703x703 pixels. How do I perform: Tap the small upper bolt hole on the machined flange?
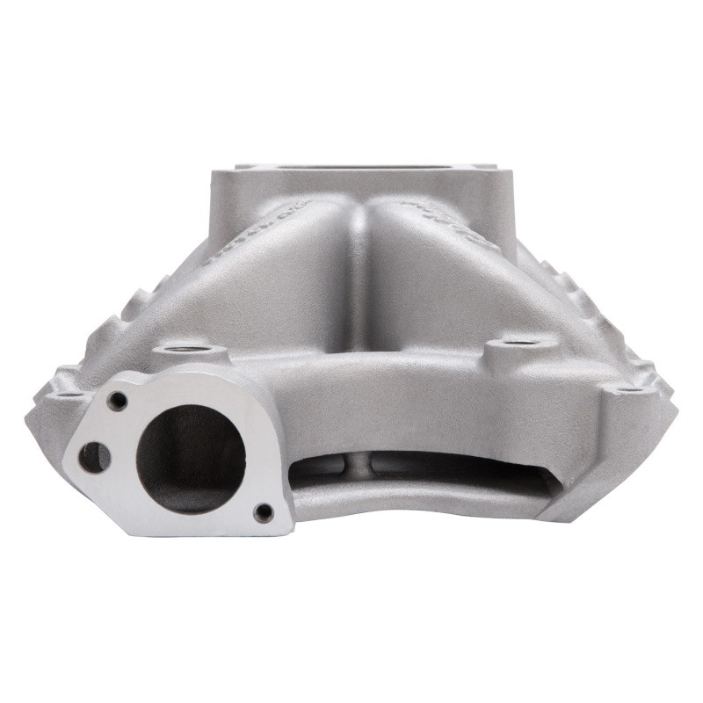pyautogui.click(x=118, y=401)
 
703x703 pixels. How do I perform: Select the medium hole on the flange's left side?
pyautogui.click(x=93, y=456)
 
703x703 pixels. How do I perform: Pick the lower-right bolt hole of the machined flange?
pyautogui.click(x=263, y=511)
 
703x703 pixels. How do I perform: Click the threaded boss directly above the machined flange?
pyautogui.click(x=189, y=356)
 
